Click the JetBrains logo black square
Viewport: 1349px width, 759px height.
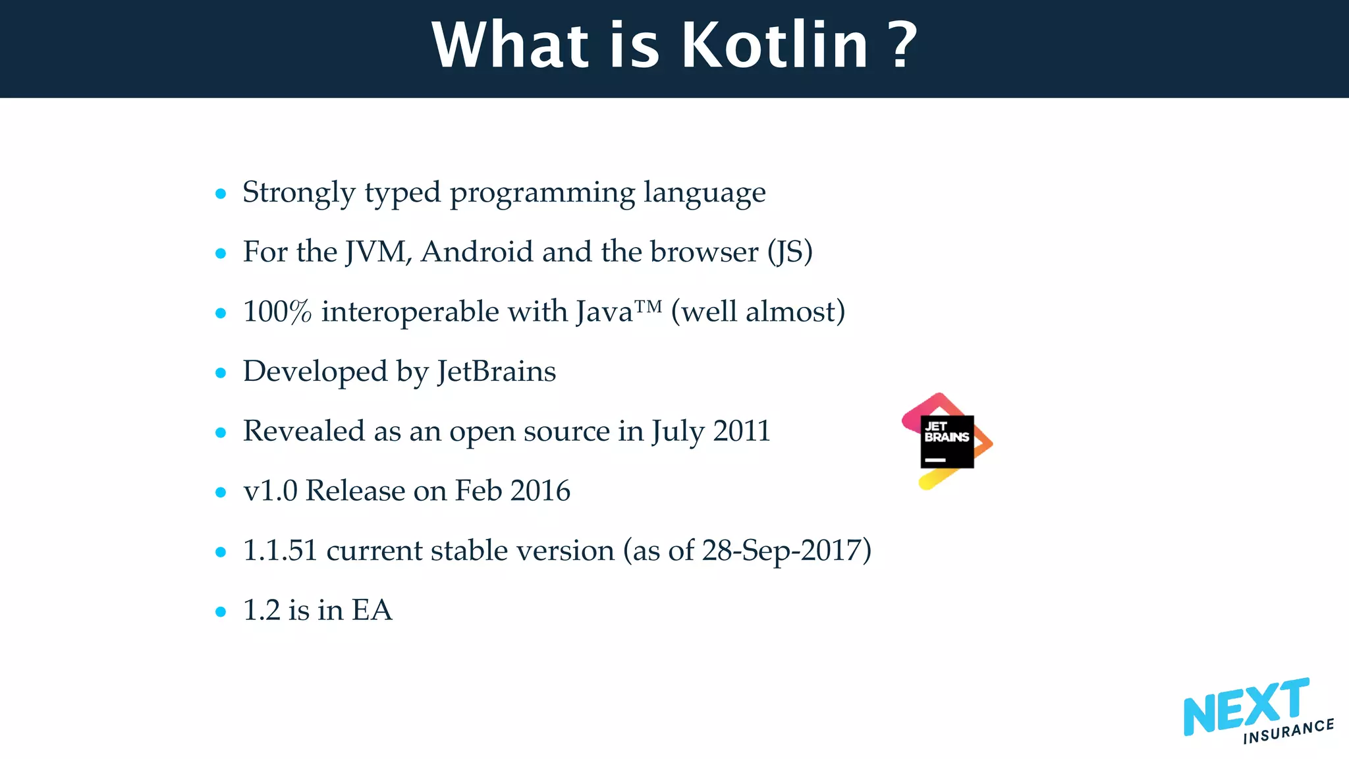point(947,441)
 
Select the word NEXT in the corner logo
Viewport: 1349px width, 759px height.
point(1245,708)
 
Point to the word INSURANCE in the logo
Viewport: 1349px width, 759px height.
point(1288,731)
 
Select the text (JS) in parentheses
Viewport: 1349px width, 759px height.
point(790,252)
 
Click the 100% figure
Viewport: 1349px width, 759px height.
point(277,312)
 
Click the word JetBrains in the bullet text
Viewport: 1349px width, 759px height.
point(497,372)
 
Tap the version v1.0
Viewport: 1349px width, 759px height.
point(270,491)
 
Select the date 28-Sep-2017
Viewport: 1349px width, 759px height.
point(782,551)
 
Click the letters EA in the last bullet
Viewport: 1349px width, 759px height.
point(372,610)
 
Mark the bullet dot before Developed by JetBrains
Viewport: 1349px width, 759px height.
point(221,373)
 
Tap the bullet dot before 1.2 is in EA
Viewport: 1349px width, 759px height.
point(221,612)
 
